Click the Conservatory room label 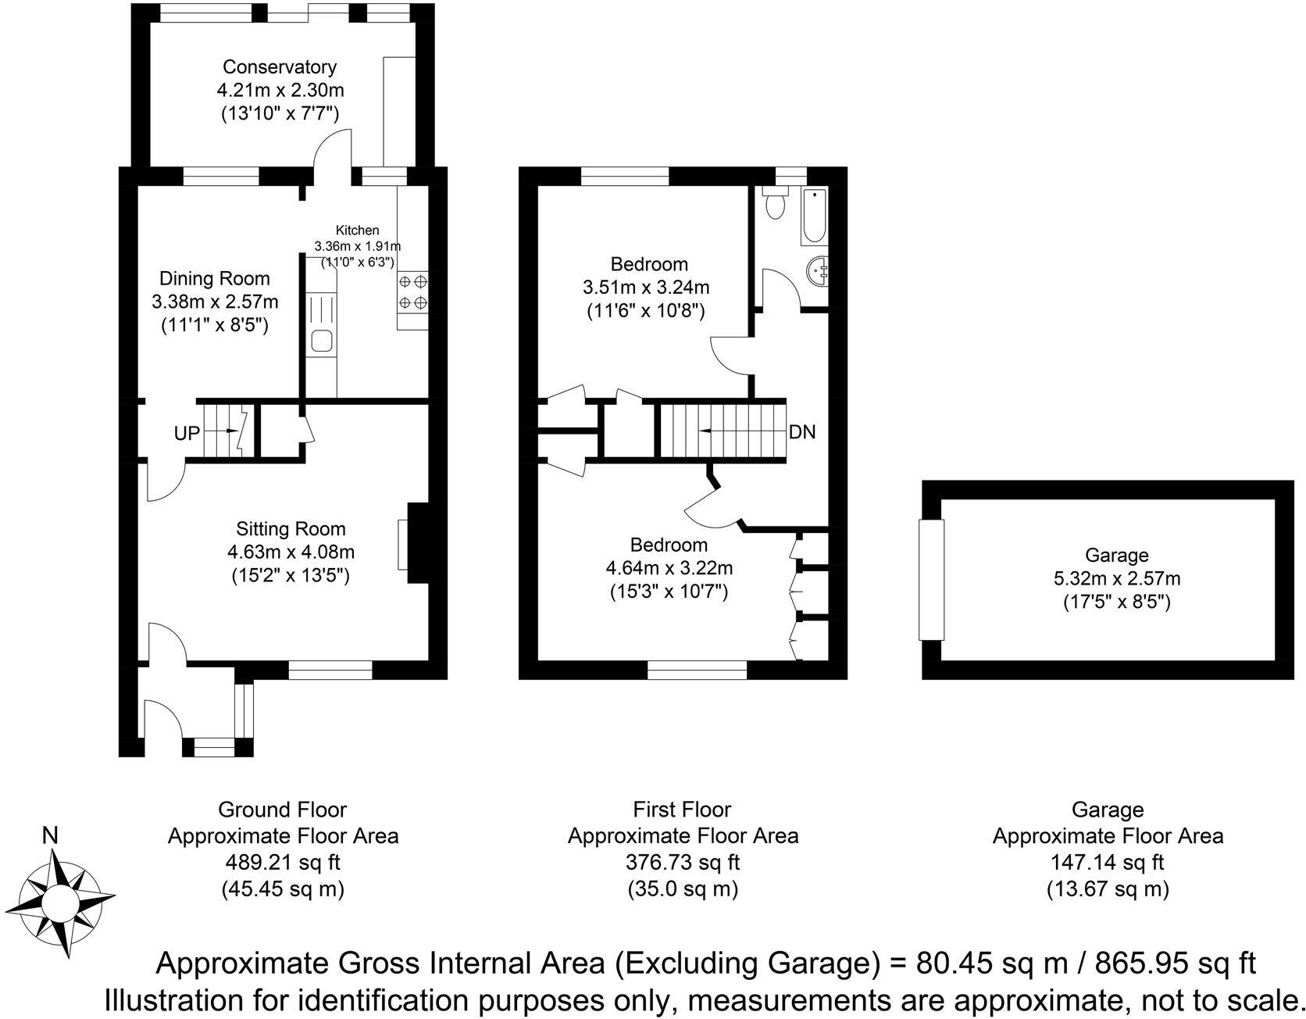279,67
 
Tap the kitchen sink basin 321,341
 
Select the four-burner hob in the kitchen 412,291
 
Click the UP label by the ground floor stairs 187,433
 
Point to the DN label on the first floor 802,431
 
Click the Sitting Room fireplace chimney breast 418,543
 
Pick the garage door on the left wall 931,580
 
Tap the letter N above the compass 50,836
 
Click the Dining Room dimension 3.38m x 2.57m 215,302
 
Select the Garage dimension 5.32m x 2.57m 1116,579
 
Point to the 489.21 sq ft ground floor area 284,863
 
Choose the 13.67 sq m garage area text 1107,889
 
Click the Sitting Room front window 330,670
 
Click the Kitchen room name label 357,230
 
